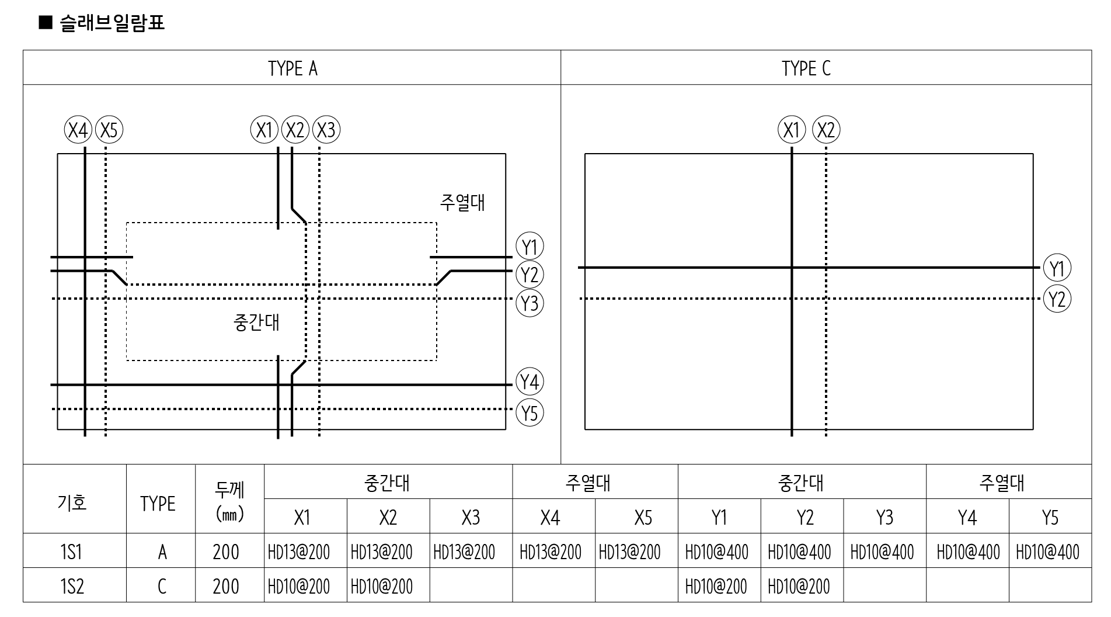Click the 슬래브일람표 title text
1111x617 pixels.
click(x=111, y=23)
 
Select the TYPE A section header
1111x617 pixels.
click(x=292, y=68)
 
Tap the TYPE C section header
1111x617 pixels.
click(x=806, y=68)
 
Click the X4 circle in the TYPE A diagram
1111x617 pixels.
click(x=78, y=130)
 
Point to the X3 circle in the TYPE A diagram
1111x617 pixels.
click(x=326, y=130)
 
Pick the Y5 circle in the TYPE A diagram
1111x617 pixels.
click(x=530, y=413)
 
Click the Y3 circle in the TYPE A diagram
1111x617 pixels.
click(x=530, y=303)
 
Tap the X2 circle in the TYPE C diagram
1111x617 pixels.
click(x=826, y=130)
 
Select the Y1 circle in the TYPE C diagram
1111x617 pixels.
click(x=1057, y=269)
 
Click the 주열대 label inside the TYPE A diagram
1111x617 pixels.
click(x=462, y=203)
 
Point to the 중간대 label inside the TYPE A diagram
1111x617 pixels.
click(x=256, y=323)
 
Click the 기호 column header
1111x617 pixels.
click(x=72, y=502)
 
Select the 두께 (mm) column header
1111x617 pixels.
click(x=229, y=502)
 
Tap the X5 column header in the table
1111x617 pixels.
click(x=643, y=517)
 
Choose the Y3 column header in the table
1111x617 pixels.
click(x=884, y=517)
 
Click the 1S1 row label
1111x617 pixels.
click(x=72, y=552)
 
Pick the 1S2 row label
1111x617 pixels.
click(x=72, y=586)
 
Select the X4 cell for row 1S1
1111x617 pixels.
click(x=551, y=552)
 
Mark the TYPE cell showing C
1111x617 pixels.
click(x=162, y=586)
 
